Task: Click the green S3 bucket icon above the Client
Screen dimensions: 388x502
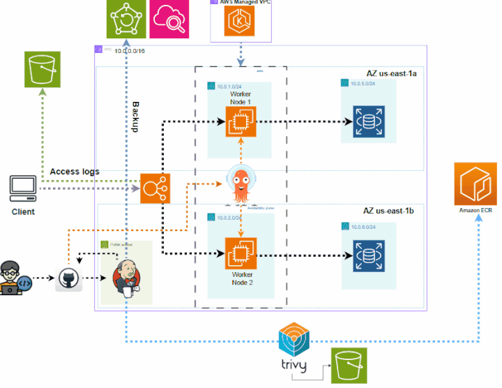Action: pos(42,69)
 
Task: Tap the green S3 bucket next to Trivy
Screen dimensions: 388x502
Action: pos(348,366)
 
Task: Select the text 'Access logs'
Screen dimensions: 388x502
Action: pos(75,172)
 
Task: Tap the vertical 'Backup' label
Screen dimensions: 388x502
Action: pos(137,117)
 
